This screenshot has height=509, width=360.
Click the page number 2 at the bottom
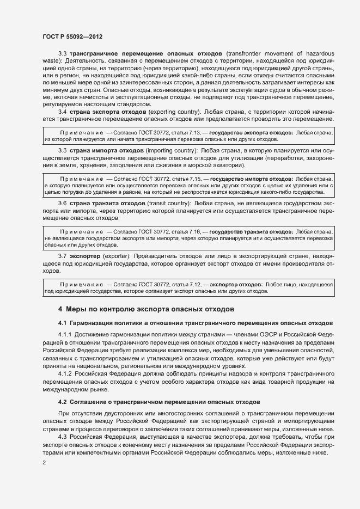pyautogui.click(x=44, y=463)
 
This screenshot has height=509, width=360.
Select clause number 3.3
pyautogui.click(x=63, y=53)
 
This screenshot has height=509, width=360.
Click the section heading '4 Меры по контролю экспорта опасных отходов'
pyautogui.click(x=146, y=309)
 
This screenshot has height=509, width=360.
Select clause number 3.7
pyautogui.click(x=63, y=256)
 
